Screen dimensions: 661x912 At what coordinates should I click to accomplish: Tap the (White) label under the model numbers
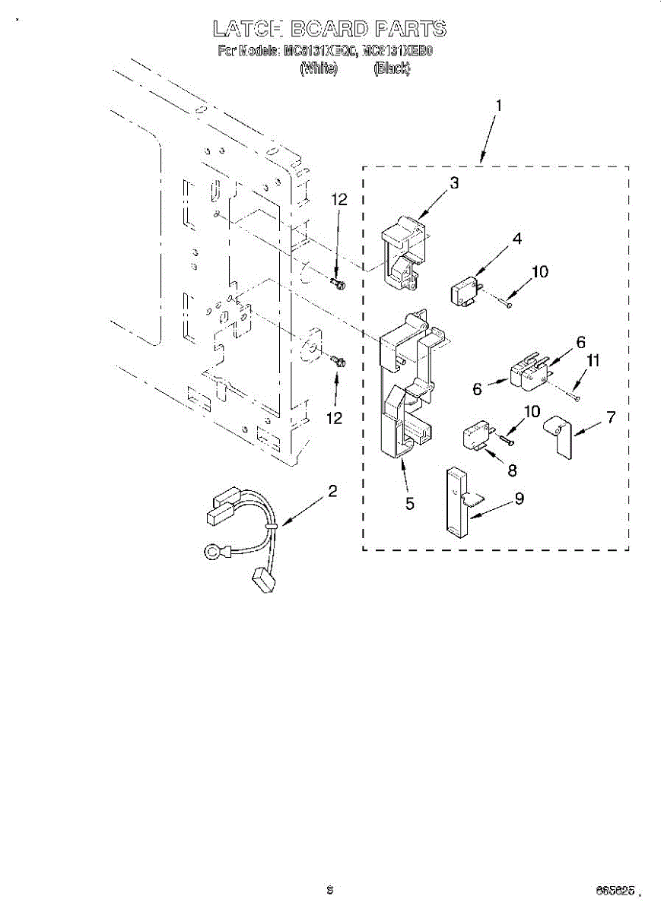click(319, 68)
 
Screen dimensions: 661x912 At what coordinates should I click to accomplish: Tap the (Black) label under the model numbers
click(392, 68)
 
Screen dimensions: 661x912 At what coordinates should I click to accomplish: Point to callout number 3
click(454, 182)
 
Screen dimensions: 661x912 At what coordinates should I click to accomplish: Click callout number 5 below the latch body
click(410, 503)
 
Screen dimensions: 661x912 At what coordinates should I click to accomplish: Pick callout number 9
click(520, 499)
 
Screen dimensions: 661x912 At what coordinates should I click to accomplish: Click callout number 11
click(593, 362)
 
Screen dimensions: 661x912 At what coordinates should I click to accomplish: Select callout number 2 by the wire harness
click(332, 491)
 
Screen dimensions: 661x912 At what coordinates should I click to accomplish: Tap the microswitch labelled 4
click(463, 291)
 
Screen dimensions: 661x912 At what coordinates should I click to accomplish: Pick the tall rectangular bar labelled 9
click(455, 502)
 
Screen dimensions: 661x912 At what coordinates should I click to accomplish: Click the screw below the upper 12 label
click(338, 284)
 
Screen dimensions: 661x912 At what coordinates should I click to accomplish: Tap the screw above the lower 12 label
click(338, 361)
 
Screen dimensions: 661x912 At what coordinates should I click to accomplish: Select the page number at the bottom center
click(329, 888)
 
